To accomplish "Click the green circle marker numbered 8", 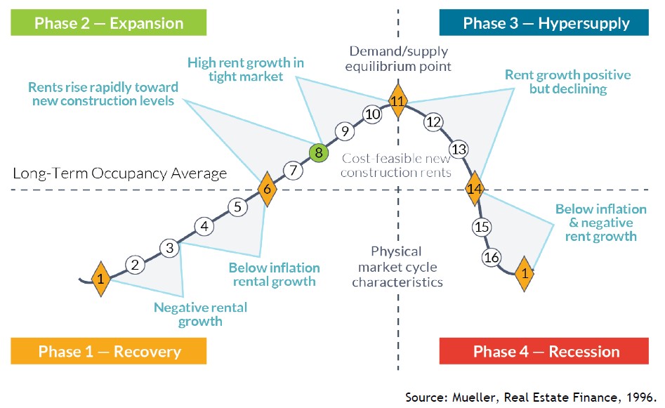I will [x=319, y=152].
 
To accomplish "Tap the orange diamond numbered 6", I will [x=267, y=189].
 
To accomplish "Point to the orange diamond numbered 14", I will [x=475, y=189].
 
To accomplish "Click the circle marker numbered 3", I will [x=169, y=248].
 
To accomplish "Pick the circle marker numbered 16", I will [x=492, y=258].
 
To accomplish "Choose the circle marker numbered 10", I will [x=372, y=114].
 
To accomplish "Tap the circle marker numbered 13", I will [x=459, y=150].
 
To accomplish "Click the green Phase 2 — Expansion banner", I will [x=110, y=23].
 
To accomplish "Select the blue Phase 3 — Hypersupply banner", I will [x=546, y=23].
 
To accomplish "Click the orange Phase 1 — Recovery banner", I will [x=110, y=351].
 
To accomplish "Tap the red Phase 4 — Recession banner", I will [x=546, y=351].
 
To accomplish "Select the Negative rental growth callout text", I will [x=200, y=315].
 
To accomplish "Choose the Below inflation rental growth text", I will [x=274, y=275].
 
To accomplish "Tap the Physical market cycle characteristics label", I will [x=397, y=267].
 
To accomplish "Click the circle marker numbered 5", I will [x=237, y=207].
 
